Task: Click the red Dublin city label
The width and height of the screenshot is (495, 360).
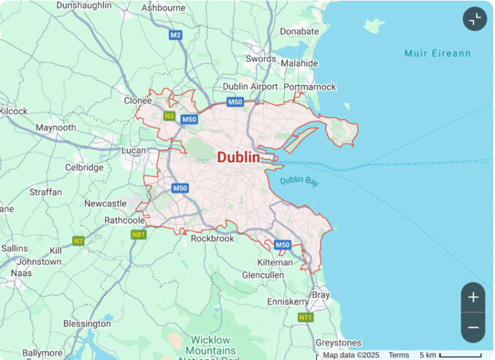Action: tap(238, 157)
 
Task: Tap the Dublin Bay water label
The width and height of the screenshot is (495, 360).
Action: tap(299, 181)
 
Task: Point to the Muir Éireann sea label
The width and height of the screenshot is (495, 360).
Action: tap(437, 54)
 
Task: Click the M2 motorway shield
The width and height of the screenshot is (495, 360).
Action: tap(176, 35)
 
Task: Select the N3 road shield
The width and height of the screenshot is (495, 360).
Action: tap(169, 116)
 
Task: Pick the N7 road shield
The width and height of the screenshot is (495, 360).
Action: tap(79, 241)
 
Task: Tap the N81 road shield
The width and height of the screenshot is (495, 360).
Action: tap(139, 235)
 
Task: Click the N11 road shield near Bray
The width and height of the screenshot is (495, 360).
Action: tap(305, 317)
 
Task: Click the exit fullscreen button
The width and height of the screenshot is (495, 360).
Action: tap(474, 19)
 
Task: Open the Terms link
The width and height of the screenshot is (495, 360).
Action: tap(398, 355)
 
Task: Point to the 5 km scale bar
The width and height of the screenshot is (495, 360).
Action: tap(460, 355)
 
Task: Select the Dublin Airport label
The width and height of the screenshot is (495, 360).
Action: tap(250, 86)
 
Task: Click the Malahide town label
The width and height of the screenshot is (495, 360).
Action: tap(299, 63)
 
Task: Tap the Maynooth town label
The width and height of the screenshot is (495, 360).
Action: tap(55, 128)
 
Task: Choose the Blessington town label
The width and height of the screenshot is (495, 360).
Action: tap(87, 323)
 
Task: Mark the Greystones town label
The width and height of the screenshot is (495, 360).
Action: tap(338, 343)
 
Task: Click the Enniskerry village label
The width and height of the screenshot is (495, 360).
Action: tap(288, 301)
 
